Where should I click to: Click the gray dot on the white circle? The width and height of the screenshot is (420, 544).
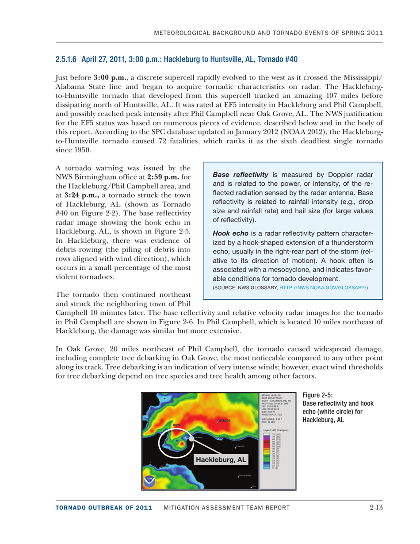[191, 439]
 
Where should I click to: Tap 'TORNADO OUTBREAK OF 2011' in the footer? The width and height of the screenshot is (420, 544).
[103, 508]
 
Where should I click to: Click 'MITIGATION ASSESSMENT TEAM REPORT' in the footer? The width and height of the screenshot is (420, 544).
[226, 508]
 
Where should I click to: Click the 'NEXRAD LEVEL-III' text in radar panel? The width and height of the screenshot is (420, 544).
[271, 394]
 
